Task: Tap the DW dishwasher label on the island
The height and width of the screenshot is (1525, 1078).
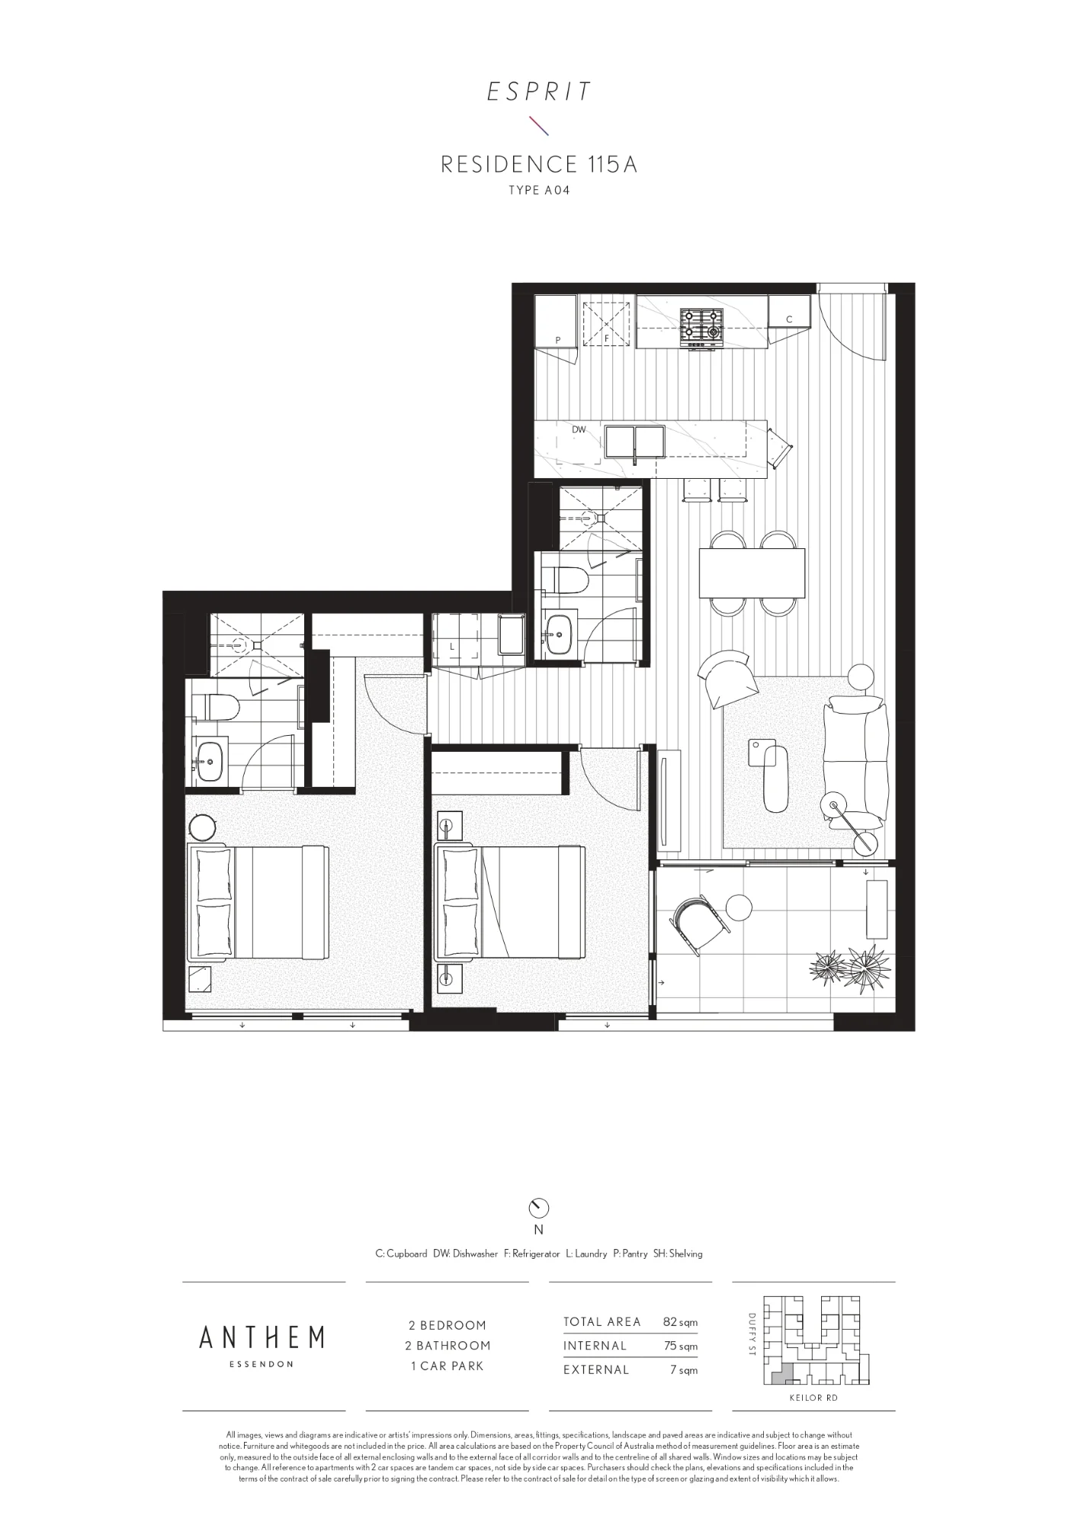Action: (x=579, y=430)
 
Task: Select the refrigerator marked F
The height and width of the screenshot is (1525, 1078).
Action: (x=608, y=323)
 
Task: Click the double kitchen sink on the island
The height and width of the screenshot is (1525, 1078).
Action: (x=635, y=442)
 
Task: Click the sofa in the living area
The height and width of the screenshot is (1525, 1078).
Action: (x=855, y=762)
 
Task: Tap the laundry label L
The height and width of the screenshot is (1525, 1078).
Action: (x=452, y=647)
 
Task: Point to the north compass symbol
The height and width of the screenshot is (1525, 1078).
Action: (x=538, y=1208)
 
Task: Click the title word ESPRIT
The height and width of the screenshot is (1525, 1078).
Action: (x=539, y=92)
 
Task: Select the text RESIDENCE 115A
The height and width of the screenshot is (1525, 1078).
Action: (x=539, y=164)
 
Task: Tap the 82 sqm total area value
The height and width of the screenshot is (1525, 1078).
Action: (x=680, y=1322)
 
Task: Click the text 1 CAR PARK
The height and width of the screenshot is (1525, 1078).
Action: (x=447, y=1366)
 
